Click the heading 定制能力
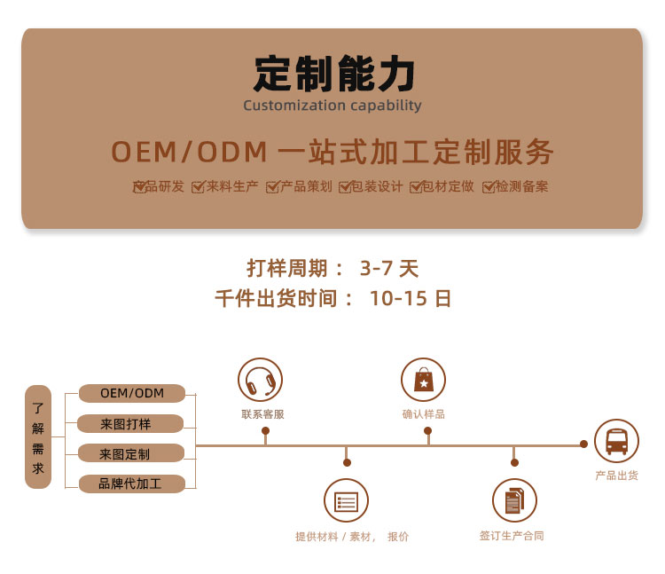point(332,75)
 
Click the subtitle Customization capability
point(332,106)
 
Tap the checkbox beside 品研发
point(140,187)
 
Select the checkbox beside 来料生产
point(199,187)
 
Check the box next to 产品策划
point(273,187)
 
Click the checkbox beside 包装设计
point(345,187)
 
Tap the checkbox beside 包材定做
point(416,187)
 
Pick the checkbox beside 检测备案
point(489,187)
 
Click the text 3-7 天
point(388,268)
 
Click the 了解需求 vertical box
point(38,436)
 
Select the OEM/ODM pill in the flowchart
point(132,393)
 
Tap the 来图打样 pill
point(130,423)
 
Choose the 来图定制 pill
point(130,453)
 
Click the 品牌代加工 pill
point(130,484)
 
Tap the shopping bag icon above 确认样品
point(423,381)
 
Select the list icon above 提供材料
point(346,501)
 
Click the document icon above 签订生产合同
point(514,501)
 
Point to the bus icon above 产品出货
point(616,441)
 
